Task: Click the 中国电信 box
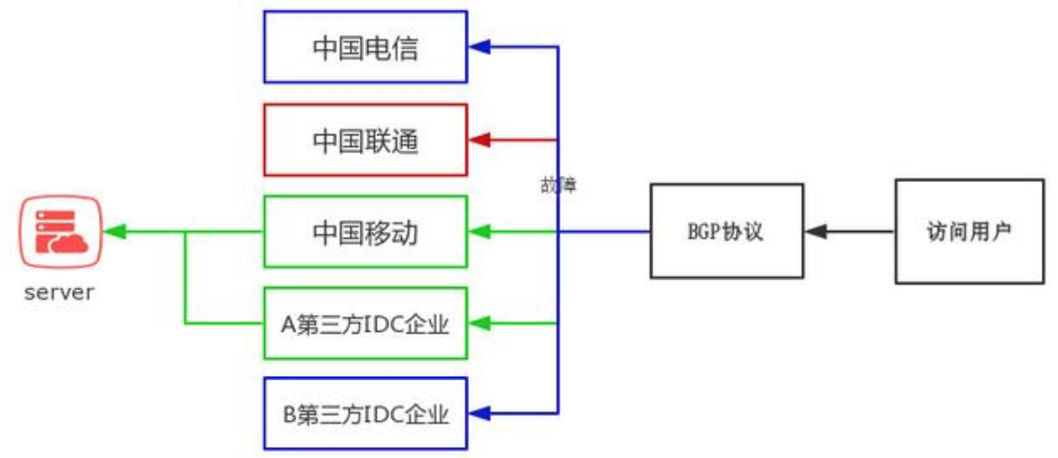(x=365, y=46)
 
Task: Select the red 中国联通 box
(x=365, y=140)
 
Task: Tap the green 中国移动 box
(x=365, y=233)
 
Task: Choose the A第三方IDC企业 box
(x=365, y=323)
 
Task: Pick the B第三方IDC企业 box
(x=365, y=414)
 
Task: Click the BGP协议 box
(x=726, y=231)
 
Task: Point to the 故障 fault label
(x=555, y=187)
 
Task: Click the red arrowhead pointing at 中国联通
(x=479, y=140)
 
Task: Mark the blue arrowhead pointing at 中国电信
(x=479, y=46)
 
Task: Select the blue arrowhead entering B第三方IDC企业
(x=479, y=414)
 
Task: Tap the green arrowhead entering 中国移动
(x=479, y=233)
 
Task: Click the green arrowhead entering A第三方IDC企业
(x=479, y=323)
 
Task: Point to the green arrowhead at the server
(x=113, y=233)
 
